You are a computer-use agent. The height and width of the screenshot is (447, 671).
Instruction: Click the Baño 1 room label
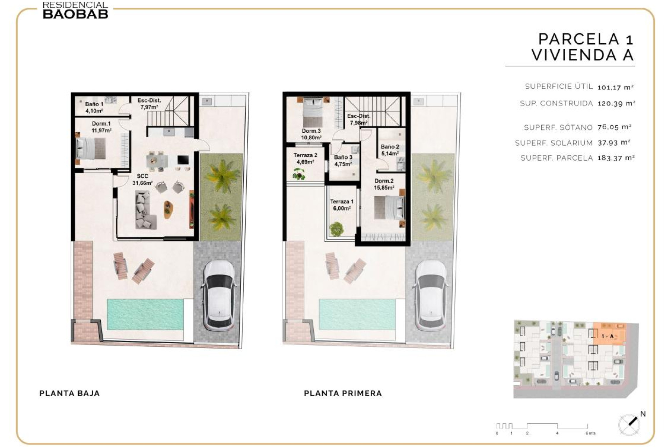click(x=94, y=108)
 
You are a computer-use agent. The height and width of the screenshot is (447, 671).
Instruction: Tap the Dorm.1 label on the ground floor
click(x=101, y=127)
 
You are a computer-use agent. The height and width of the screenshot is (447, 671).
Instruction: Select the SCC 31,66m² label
click(x=142, y=179)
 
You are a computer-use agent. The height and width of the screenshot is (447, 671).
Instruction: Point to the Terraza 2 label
click(x=305, y=159)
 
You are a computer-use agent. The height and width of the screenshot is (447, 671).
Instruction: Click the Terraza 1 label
click(x=342, y=205)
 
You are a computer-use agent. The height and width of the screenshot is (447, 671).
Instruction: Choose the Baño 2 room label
click(x=390, y=150)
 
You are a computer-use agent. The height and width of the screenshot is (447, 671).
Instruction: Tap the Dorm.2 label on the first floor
click(x=384, y=184)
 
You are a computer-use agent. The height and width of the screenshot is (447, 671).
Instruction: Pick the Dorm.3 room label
click(x=311, y=134)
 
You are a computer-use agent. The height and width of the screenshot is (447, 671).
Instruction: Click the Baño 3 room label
click(x=343, y=161)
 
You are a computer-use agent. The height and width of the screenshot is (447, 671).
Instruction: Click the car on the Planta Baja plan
click(x=218, y=295)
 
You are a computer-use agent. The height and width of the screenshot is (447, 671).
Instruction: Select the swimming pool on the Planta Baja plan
click(x=145, y=314)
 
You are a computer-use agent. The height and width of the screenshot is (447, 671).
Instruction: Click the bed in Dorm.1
click(x=91, y=148)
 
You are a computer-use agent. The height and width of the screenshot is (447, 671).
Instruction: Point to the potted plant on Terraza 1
click(x=336, y=229)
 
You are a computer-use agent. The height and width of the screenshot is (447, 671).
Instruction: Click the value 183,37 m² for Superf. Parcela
click(x=616, y=158)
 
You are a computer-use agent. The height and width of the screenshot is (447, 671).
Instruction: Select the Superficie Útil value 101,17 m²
click(x=615, y=87)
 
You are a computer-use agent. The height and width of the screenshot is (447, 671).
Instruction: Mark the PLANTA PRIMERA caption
click(x=343, y=393)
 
